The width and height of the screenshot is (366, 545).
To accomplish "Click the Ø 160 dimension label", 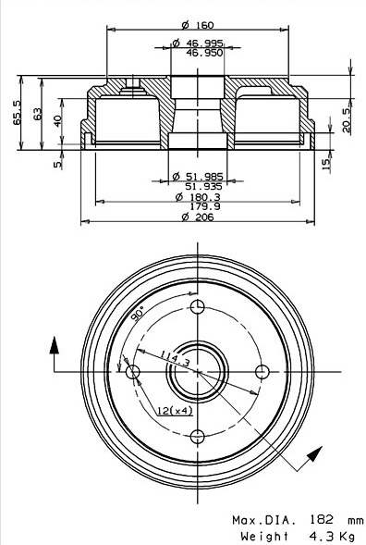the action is tap(198, 25).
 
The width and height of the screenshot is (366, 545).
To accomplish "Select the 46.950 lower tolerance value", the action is tap(204, 53).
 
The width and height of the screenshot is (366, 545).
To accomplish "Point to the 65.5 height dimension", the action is tap(17, 112).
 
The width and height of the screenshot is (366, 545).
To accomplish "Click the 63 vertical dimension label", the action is tap(37, 114).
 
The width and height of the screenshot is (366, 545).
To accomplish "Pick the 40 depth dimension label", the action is tap(57, 120).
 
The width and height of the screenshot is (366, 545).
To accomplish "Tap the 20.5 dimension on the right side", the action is tap(347, 120).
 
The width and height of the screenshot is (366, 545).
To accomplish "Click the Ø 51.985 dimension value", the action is tap(198, 176).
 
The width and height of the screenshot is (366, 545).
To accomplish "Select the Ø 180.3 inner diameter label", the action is tap(198, 197).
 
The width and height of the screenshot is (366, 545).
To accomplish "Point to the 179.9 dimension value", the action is tap(205, 206).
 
